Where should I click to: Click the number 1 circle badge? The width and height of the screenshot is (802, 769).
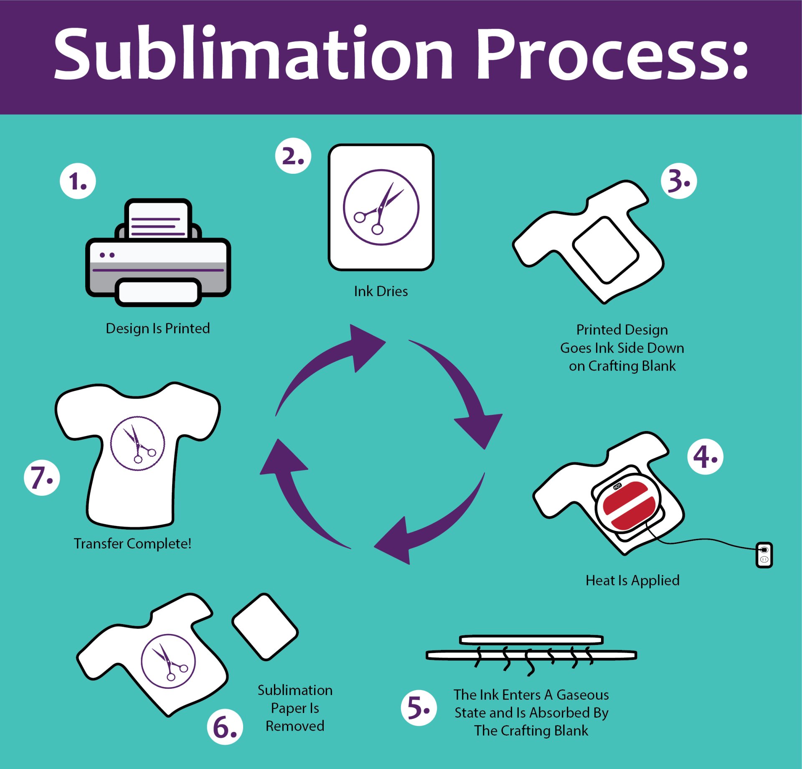[x=78, y=181]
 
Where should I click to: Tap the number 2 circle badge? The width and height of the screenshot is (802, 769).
[x=293, y=156]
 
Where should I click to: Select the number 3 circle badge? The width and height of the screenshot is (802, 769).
[x=679, y=181]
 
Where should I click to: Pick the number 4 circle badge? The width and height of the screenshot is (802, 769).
[x=705, y=457]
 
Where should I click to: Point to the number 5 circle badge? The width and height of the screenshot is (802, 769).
[x=419, y=708]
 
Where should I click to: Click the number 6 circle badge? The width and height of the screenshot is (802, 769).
[x=225, y=727]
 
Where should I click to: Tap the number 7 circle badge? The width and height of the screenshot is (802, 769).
[x=42, y=477]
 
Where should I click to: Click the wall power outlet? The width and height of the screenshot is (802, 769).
[x=764, y=555]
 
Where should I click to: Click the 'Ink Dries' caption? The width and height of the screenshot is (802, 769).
[x=381, y=291]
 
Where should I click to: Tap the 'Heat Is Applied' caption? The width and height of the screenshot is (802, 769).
[x=632, y=580]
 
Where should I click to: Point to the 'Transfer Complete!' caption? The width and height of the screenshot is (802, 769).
[x=132, y=543]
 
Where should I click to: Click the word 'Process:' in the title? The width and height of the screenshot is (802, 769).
[x=612, y=54]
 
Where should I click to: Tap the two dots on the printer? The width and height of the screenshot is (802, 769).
[x=107, y=255]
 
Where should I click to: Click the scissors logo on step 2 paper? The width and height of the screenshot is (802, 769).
[x=381, y=207]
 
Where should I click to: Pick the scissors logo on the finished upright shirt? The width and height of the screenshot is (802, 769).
[x=137, y=444]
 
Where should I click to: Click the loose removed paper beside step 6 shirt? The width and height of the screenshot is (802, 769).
[x=265, y=627]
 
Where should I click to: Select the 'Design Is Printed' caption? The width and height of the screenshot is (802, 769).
[x=158, y=328]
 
